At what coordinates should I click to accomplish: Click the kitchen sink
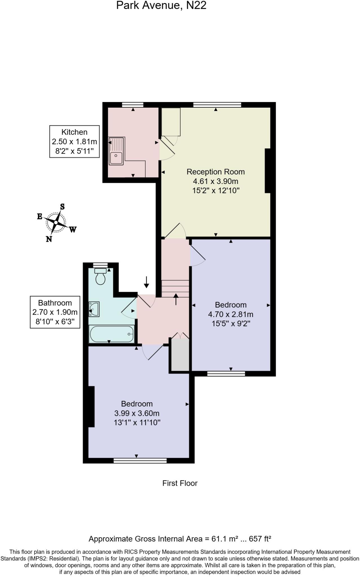click(x=116, y=151)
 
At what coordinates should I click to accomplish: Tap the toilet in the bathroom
click(x=100, y=276)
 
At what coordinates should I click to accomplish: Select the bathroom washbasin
click(x=94, y=309)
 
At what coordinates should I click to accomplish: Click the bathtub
click(x=112, y=334)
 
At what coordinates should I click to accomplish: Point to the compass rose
click(x=56, y=223)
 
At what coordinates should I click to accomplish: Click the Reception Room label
click(x=215, y=172)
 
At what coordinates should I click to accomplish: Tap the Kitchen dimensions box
click(x=74, y=141)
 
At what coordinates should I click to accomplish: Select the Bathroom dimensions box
click(x=55, y=312)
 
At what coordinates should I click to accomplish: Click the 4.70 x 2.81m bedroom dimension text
click(x=230, y=314)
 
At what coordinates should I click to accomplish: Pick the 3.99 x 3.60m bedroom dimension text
click(x=137, y=413)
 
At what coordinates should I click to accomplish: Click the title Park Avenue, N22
click(x=161, y=5)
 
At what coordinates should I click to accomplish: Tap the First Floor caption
click(x=180, y=483)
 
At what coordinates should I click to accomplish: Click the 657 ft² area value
click(x=260, y=539)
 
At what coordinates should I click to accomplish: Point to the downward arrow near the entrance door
click(x=146, y=282)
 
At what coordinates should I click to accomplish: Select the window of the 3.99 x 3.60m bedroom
click(x=140, y=461)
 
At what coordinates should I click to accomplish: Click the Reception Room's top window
click(x=217, y=105)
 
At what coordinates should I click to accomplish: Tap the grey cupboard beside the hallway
click(x=180, y=355)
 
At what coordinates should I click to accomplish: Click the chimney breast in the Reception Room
click(x=268, y=171)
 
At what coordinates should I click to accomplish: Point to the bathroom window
click(x=101, y=265)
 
